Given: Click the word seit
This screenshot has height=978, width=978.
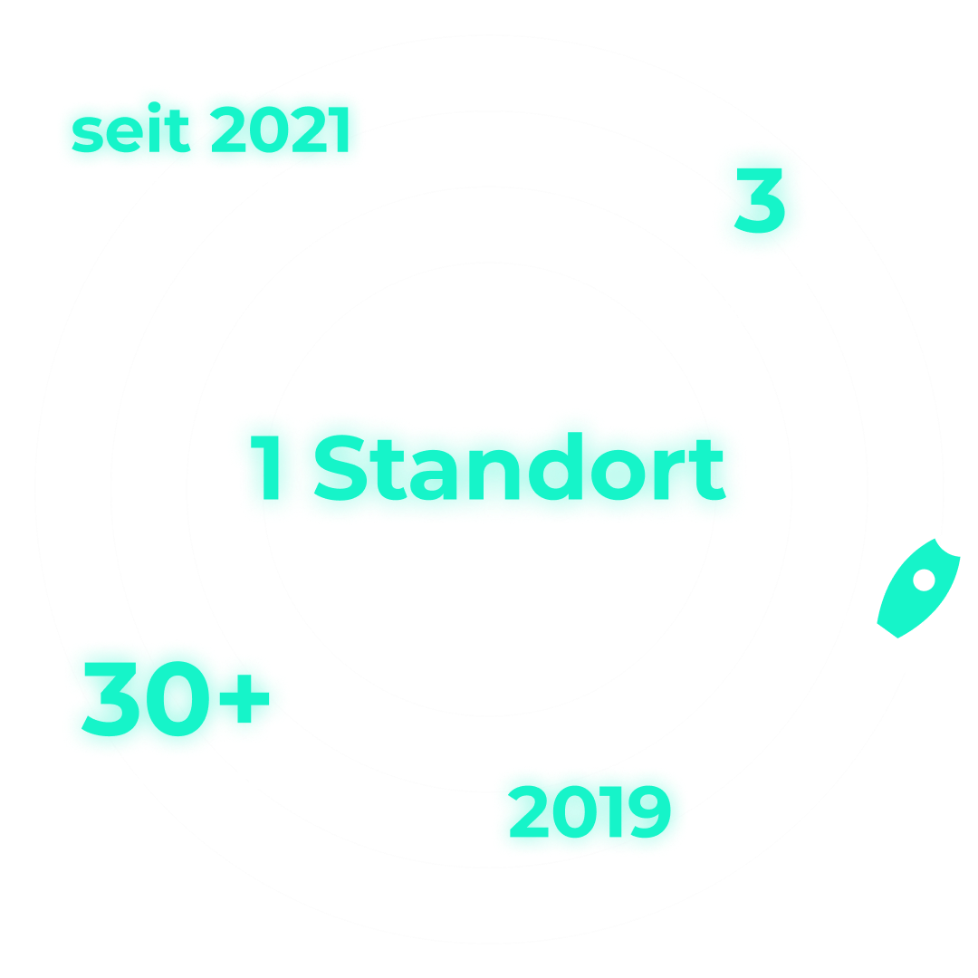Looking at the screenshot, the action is click(131, 128).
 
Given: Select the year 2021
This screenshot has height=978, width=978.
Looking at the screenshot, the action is click(280, 129).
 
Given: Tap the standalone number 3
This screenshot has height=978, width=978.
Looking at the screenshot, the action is click(759, 200).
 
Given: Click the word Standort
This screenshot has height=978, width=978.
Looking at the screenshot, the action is click(520, 466).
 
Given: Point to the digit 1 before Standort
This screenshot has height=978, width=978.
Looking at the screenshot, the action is click(266, 467).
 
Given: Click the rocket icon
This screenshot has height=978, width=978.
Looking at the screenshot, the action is click(918, 589).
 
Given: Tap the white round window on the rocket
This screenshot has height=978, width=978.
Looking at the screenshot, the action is click(924, 580).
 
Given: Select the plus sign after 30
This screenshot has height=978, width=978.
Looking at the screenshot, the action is click(244, 698).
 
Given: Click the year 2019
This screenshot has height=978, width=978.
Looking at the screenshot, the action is click(590, 811).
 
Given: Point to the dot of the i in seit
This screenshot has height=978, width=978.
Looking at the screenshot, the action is click(154, 107).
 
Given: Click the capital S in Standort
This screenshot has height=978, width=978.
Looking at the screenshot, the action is click(340, 467).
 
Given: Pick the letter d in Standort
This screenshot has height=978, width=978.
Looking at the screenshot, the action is click(555, 466).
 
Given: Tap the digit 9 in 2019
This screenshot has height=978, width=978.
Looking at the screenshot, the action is click(649, 811).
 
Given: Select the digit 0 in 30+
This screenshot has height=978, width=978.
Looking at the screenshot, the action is click(177, 698).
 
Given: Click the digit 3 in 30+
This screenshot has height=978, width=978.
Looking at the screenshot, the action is click(110, 699).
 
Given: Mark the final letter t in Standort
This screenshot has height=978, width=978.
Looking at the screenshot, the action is click(707, 470).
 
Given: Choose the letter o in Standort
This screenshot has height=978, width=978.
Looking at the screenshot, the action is click(618, 475).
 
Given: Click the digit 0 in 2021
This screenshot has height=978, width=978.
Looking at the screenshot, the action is click(269, 129).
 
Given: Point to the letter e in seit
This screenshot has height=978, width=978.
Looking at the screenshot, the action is click(125, 134).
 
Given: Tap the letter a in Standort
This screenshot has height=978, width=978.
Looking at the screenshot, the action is click(434, 475).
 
